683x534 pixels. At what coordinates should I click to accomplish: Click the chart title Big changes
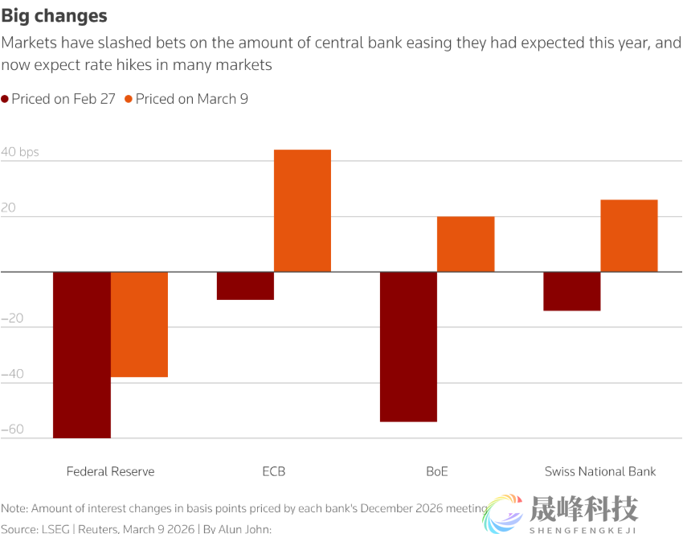(54, 16)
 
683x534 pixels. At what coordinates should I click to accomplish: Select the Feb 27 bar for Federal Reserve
(82, 355)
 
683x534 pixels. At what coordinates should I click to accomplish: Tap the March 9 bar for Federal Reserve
(139, 324)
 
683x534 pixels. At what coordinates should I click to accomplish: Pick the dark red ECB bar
(246, 285)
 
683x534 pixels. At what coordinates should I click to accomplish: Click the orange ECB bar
(302, 211)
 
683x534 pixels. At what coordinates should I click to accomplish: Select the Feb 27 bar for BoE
(408, 347)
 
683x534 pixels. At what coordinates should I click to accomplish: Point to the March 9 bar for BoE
(465, 244)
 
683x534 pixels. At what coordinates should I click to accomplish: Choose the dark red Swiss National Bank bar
(571, 291)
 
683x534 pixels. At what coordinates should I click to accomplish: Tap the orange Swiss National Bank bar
(628, 236)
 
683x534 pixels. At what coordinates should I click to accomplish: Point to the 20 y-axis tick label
(9, 207)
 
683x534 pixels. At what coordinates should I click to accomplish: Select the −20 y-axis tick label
(12, 318)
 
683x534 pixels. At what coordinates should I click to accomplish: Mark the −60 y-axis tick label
(12, 429)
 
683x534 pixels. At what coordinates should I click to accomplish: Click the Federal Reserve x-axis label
(110, 471)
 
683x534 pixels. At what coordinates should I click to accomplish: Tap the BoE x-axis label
(437, 471)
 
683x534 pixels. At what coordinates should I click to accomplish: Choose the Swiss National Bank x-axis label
(600, 471)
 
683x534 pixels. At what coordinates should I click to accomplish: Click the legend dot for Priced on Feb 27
(5, 99)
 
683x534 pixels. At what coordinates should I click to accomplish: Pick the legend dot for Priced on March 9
(129, 99)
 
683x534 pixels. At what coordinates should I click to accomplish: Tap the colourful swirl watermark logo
(502, 513)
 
